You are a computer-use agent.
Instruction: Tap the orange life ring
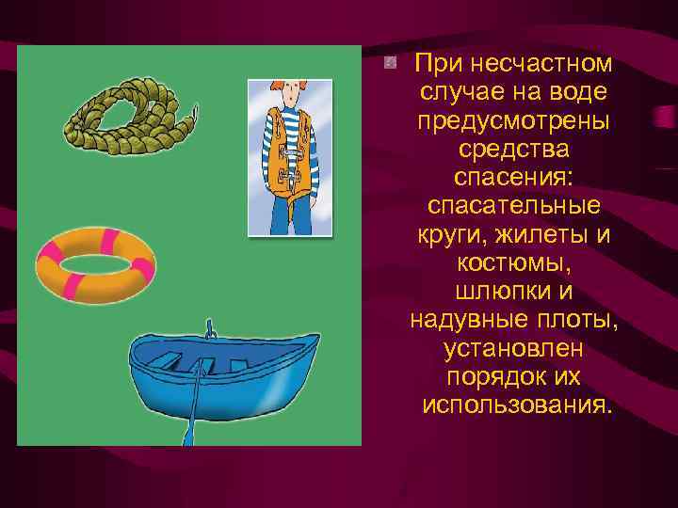click(x=94, y=262)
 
